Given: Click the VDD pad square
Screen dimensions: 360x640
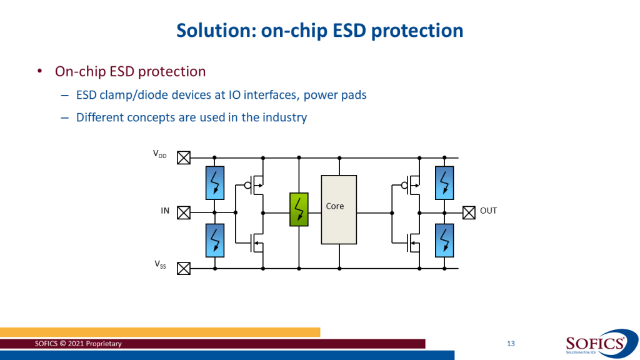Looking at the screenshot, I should [184, 158].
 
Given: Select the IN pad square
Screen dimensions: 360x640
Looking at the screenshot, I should [184, 212].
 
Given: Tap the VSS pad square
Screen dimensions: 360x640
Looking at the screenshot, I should [184, 269].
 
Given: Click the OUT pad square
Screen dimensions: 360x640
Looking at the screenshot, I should [469, 212].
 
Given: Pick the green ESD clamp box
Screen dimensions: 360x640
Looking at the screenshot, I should [299, 209].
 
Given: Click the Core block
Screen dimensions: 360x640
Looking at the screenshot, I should [339, 209].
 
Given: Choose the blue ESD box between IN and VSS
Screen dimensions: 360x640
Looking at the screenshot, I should [215, 240].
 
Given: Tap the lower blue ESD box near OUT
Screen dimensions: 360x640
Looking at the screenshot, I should [444, 240].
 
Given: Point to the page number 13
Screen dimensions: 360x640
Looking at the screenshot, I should [511, 344].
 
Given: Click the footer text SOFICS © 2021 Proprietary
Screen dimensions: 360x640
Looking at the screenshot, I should [79, 344].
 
